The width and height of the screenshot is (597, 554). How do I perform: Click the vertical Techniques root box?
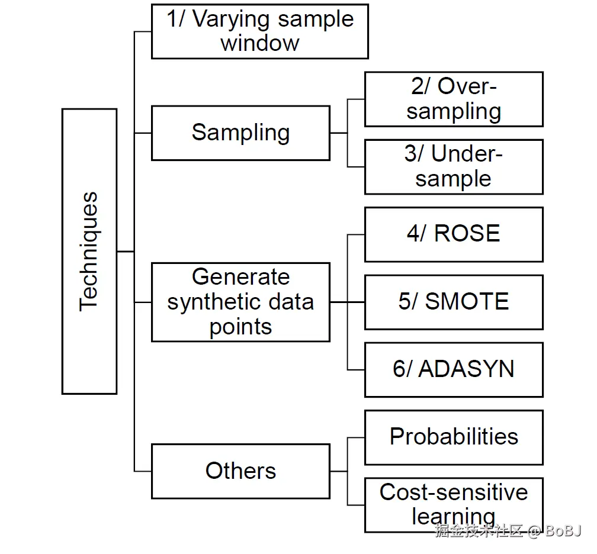tap(89, 251)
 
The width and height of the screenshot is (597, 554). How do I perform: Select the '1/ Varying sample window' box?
tap(259, 31)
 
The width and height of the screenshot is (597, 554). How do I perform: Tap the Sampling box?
tap(240, 133)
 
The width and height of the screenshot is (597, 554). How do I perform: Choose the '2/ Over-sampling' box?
tap(454, 99)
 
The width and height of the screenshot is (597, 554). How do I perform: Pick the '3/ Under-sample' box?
tap(454, 166)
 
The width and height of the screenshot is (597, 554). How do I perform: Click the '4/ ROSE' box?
tap(454, 234)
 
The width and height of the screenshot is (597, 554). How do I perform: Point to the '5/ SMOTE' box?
tap(454, 302)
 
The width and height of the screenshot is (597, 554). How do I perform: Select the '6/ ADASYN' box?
tap(454, 369)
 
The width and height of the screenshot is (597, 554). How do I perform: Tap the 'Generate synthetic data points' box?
tap(240, 302)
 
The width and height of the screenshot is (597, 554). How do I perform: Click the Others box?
tap(240, 471)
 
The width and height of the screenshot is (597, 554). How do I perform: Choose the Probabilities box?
tap(454, 437)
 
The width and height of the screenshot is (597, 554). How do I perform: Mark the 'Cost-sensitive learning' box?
tap(454, 504)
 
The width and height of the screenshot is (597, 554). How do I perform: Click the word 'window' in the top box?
tap(259, 43)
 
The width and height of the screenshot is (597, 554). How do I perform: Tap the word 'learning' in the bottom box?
tap(454, 516)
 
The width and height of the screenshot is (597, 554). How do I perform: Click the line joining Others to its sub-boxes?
tap(339, 471)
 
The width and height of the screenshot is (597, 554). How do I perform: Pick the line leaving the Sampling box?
tap(339, 133)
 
